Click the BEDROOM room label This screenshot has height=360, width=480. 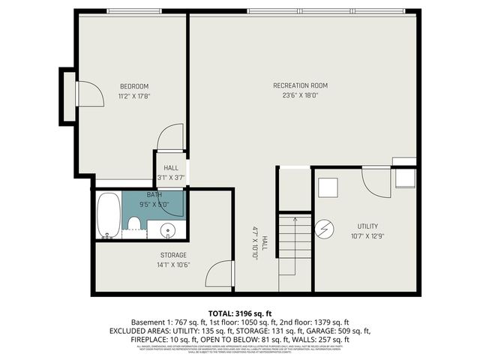coord(133,85)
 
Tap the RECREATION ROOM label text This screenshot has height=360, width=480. coord(300,85)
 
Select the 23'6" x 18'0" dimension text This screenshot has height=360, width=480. coord(300,95)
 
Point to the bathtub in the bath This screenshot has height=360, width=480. coord(109,214)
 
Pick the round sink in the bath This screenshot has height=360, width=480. coord(168,230)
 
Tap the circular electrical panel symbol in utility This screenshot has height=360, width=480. coord(325,226)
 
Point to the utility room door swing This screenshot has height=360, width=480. coord(375,182)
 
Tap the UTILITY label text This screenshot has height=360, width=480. coord(367,226)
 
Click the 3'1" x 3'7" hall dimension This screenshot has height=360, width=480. coord(170,178)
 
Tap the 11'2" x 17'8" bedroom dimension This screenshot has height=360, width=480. coord(133,95)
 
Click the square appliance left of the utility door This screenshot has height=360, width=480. coord(328,187)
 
